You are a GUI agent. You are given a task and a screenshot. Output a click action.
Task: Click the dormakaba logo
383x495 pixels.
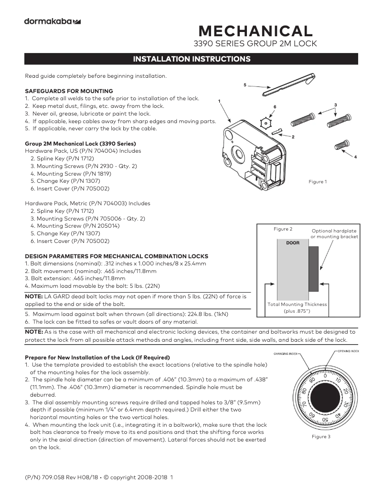pos(52,21)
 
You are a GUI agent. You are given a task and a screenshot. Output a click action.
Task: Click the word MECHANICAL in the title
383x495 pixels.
pos(255,31)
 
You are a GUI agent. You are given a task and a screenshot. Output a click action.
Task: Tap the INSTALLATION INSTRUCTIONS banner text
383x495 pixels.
pos(191,59)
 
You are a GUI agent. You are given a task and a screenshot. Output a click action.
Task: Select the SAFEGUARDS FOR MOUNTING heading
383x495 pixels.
pos(69,91)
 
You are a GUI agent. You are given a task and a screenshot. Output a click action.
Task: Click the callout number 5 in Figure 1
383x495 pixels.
pos(245,85)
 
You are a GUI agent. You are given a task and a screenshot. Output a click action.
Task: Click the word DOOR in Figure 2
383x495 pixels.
pos(293,243)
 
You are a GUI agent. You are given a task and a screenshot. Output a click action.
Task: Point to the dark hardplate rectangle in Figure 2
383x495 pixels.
pos(313,269)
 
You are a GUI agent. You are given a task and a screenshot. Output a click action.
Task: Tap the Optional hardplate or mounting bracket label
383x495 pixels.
pos(334,233)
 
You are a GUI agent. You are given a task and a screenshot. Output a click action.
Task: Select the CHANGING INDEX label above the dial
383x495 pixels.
pos(285,354)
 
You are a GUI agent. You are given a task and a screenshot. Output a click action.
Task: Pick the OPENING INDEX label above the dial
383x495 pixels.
pos(348,351)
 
